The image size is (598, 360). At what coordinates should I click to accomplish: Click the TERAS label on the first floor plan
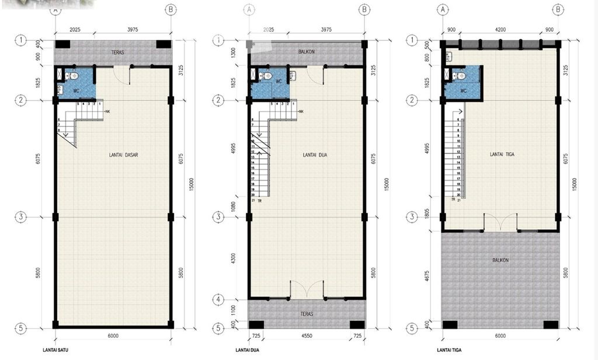[x=117, y=53]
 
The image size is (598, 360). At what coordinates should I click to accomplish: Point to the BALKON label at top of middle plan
[x=307, y=51]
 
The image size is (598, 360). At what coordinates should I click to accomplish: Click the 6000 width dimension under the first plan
[x=113, y=336]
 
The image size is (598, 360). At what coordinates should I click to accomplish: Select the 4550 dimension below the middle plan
[x=307, y=336]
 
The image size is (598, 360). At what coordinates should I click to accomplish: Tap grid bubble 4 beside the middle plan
[x=217, y=300]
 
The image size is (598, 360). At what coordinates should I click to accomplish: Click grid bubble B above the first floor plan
[x=171, y=10]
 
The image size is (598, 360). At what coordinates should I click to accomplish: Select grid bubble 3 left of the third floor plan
[x=412, y=217]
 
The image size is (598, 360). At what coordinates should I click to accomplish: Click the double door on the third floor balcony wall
[x=500, y=222]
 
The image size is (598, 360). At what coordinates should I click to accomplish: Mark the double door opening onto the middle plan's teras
[x=307, y=289]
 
